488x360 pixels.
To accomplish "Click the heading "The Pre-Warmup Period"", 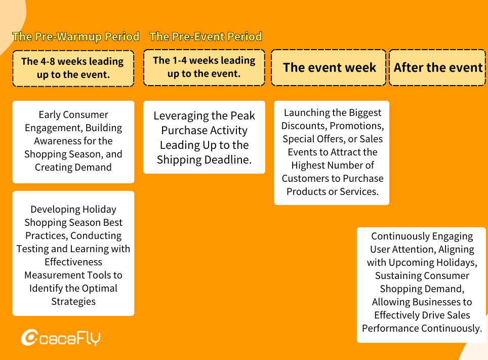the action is coord(75,37).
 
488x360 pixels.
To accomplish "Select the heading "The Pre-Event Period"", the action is coord(206,37).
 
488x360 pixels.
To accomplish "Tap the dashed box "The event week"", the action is coord(329,67).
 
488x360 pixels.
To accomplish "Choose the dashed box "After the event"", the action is coord(437,67).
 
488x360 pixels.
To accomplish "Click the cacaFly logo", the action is coord(61,338).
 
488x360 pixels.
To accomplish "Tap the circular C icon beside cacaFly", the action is coord(29,338).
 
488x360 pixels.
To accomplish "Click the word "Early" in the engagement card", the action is coord(50,115).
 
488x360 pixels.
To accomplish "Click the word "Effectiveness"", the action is coord(73,262).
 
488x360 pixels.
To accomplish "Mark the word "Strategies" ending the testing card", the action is coord(73,302).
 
